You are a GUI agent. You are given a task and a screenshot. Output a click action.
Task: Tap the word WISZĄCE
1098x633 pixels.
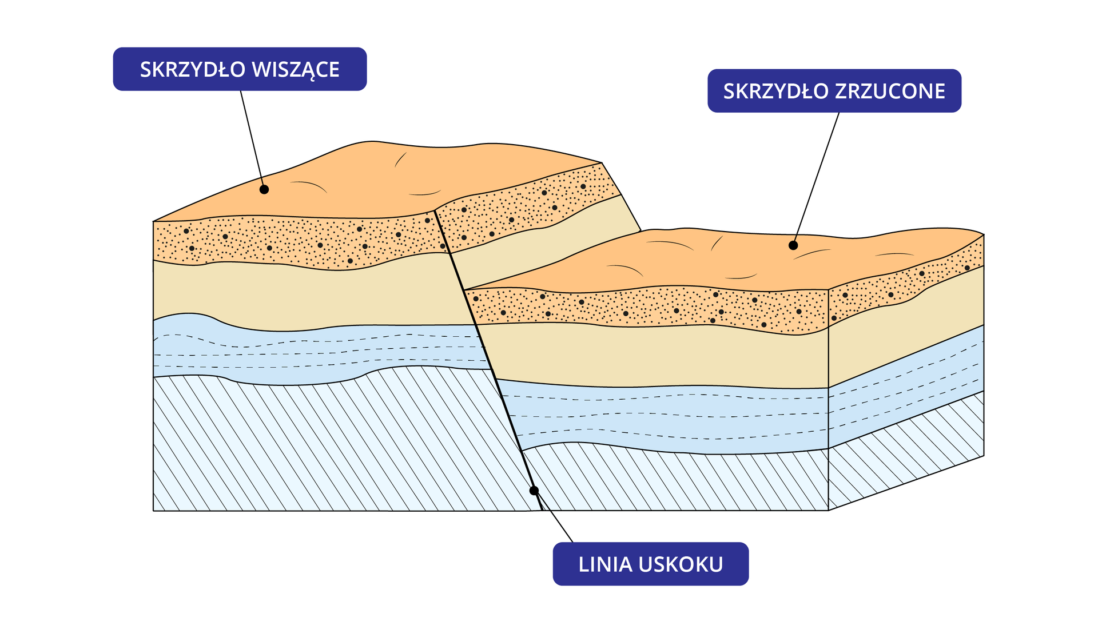[x=296, y=70]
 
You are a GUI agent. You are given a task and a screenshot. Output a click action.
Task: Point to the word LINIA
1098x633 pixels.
[x=605, y=564]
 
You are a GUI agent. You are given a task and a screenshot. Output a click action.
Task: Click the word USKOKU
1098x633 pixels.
[x=681, y=564]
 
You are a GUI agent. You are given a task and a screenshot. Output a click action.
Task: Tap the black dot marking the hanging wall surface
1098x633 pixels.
[x=264, y=189]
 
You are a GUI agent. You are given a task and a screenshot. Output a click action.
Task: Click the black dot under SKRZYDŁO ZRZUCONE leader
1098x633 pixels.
[x=793, y=245]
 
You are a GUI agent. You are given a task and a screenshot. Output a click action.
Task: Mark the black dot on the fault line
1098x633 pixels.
[x=534, y=491]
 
